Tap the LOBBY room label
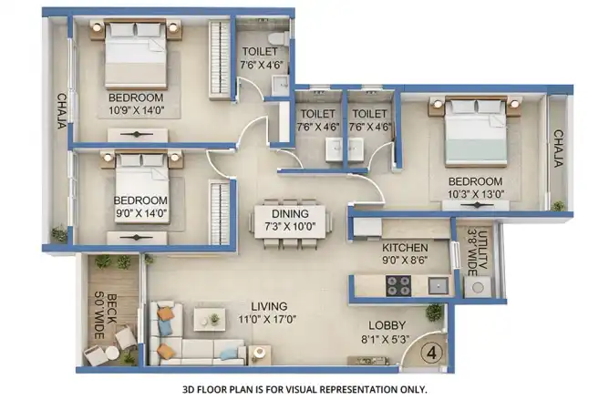coord(387,325)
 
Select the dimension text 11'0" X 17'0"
coord(268,320)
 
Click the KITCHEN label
coord(405,248)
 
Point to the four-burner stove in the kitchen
coord(398,285)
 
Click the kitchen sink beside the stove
coord(439,286)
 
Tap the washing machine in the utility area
coord(478,287)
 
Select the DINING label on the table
coord(290,213)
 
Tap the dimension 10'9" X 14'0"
coord(137,110)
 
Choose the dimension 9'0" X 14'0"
coord(141,213)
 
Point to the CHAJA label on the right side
coord(558,149)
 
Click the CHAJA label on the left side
coord(62,111)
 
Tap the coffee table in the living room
coord(210,319)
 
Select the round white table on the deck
coord(112,352)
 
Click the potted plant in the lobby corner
coord(434,312)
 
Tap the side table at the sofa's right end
coord(258,354)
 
